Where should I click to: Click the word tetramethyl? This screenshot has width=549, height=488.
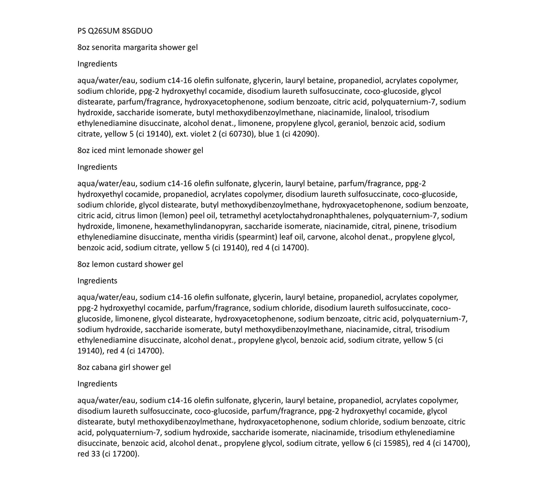coord(240,216)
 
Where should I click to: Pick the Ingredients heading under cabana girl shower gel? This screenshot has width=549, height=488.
coord(97,384)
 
